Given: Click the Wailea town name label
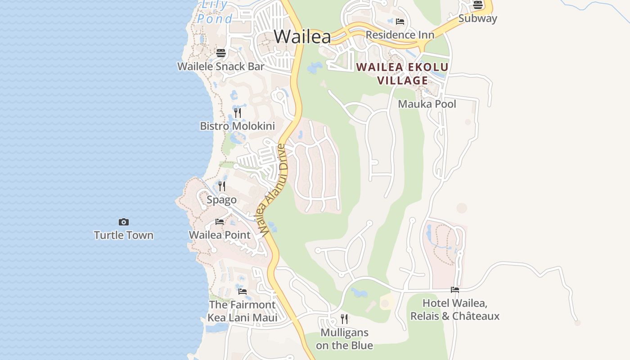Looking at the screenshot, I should point(302,36).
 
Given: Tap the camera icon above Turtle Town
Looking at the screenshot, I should point(124,222).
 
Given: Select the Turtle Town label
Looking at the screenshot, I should point(124,235).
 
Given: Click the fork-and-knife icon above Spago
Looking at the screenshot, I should point(222,186).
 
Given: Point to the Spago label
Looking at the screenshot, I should point(221,199).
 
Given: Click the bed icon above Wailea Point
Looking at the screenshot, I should point(220,222).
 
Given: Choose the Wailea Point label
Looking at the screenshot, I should point(220,235).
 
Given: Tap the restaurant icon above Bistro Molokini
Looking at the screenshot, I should point(238,112).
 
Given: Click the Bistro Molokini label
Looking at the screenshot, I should point(237,126).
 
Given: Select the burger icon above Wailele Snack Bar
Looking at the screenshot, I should point(220,53).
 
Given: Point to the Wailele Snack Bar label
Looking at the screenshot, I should point(220,66).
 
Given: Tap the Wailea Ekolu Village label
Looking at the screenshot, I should point(402,74).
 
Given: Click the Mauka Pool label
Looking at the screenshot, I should point(427,104).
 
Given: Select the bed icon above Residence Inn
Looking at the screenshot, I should point(400,22).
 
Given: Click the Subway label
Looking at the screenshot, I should point(477,18).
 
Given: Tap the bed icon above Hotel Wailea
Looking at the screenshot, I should point(455,290).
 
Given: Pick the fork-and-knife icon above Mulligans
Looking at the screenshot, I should point(344,319).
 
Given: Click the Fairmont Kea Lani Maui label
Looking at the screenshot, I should point(242,311).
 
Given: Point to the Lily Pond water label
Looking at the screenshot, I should point(215,12).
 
